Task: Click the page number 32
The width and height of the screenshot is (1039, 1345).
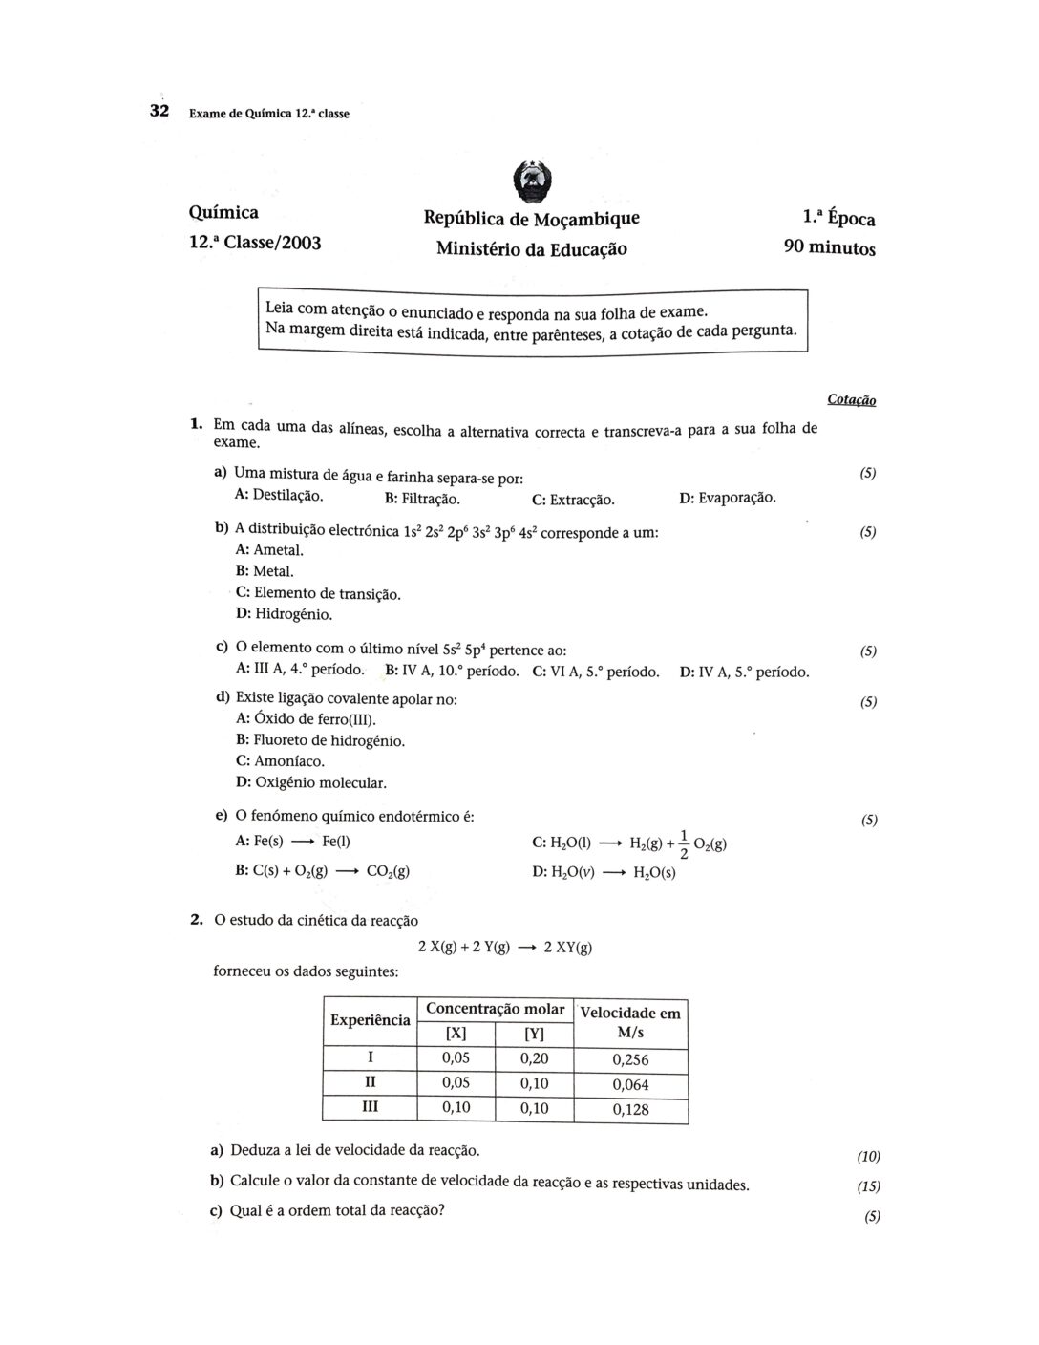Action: pos(159,112)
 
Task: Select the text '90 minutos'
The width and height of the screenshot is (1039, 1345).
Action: pos(828,248)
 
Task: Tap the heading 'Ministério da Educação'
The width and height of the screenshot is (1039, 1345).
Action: pos(531,248)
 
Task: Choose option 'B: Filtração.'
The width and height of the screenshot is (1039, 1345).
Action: pos(422,499)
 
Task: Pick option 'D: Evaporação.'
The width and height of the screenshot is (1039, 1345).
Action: pos(727,498)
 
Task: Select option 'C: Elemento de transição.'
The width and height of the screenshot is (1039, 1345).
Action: pos(318,593)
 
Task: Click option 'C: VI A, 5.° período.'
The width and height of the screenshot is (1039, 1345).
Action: pos(596,672)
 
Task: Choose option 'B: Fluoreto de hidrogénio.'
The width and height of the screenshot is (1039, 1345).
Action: pos(320,740)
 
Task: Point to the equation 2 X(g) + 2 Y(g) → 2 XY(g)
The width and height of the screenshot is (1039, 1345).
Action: pos(504,948)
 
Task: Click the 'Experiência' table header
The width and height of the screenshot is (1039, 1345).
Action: pos(370,1020)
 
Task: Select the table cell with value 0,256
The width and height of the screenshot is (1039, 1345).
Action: pos(629,1059)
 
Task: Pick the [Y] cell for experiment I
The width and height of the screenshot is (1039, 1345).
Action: pos(534,1058)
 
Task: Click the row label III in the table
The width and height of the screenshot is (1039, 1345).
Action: pos(370,1106)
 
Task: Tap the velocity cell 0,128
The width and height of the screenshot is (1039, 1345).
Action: pos(629,1109)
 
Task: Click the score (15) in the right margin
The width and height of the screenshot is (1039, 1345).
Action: pos(868,1187)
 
